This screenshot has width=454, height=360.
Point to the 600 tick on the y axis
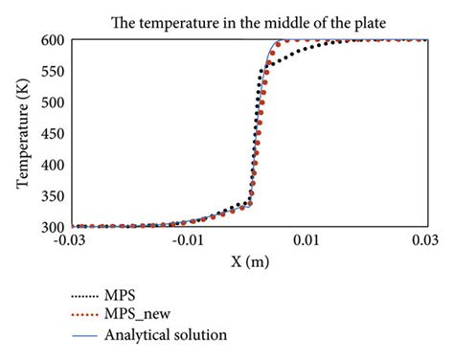pos(54,40)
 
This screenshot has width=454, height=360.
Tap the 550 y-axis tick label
pos(54,71)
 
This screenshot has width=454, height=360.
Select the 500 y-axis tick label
pos(54,102)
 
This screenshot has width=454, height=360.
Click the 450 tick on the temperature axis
pos(54,134)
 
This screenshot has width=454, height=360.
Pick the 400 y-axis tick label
pos(54,165)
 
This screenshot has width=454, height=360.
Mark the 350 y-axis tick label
pos(54,196)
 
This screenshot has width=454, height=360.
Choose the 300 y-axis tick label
pos(54,228)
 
